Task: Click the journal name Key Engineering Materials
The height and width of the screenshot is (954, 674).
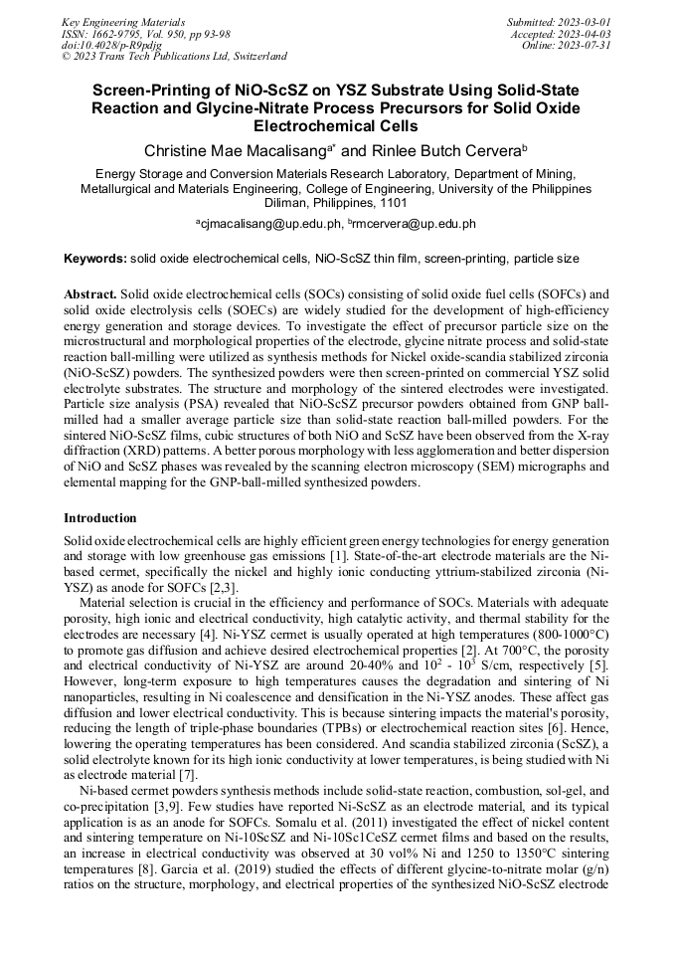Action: pyautogui.click(x=122, y=22)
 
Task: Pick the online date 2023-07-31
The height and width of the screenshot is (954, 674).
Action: pyautogui.click(x=587, y=45)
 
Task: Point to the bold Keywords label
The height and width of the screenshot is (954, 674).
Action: pyautogui.click(x=95, y=259)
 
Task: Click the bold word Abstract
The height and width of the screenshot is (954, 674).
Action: pyautogui.click(x=90, y=295)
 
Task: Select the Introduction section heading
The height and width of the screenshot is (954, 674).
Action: pyautogui.click(x=99, y=518)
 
